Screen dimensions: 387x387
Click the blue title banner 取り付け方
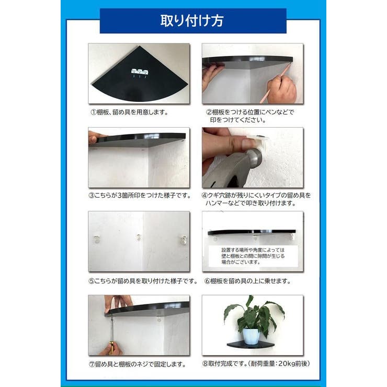pos(193,21)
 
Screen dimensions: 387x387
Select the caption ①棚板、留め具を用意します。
pos(132,112)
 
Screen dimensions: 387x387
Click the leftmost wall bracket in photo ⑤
pos(97,239)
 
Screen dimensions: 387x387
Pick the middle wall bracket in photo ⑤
pos(139,238)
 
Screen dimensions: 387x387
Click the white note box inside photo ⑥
pos(253,256)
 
